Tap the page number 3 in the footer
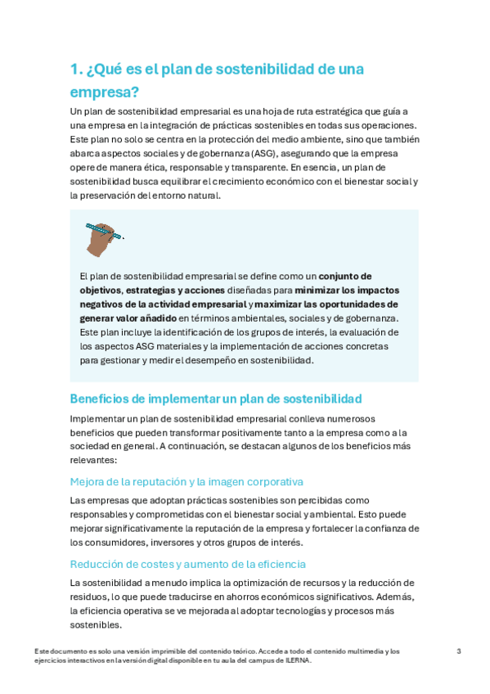459,651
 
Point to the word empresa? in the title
105,92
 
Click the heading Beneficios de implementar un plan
216,399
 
